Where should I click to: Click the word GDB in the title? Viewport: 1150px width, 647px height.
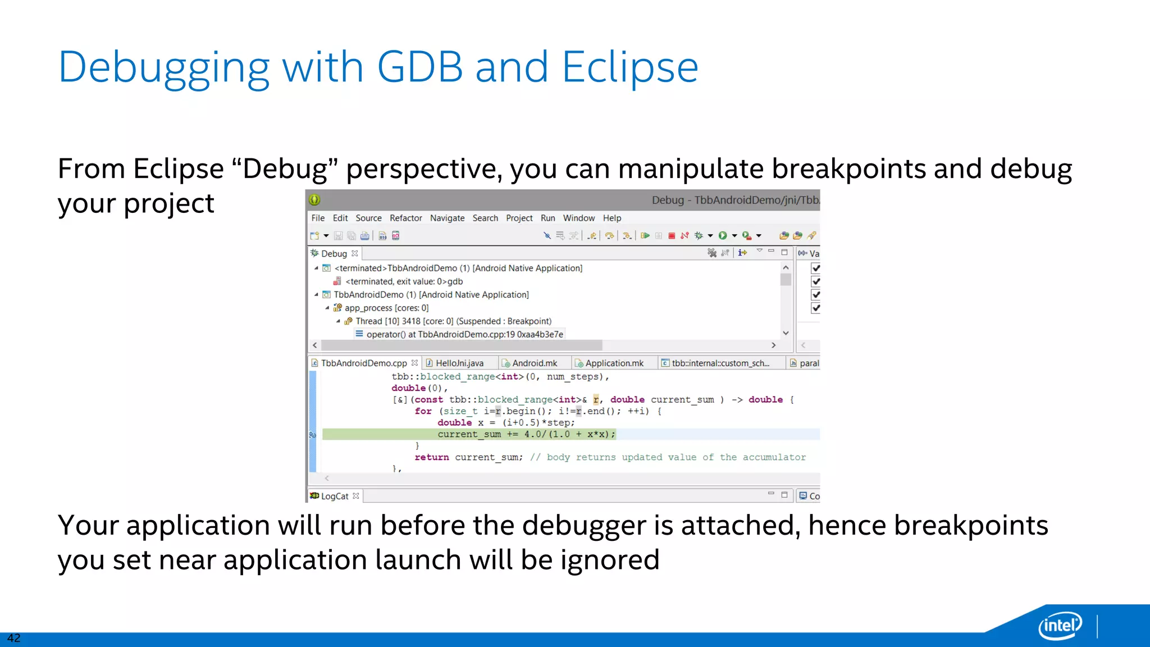pos(419,67)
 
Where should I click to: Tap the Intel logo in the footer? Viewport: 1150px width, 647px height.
pos(1060,625)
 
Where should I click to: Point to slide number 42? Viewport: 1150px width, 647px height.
pos(13,638)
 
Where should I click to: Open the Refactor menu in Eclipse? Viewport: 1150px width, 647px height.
pos(405,218)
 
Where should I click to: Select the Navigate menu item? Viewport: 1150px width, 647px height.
pos(447,218)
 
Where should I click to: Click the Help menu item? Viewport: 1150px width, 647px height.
pos(611,218)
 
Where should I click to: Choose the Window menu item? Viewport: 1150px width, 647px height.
pos(578,218)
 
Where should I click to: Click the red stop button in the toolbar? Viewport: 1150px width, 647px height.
pos(672,236)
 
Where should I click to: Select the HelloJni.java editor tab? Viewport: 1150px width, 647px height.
pos(459,363)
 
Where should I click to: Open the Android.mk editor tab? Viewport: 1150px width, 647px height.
pos(534,363)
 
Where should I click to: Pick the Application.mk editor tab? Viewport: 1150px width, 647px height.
pos(614,363)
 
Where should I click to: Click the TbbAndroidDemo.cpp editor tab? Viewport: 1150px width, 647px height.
pos(363,363)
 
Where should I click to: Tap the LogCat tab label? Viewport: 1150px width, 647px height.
pos(335,496)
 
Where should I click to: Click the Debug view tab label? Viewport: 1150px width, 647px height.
pos(334,254)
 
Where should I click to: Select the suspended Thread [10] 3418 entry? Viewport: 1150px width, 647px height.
pos(453,321)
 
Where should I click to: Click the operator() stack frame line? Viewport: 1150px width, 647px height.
pos(464,335)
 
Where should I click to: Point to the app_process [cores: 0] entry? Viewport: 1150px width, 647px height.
pos(386,308)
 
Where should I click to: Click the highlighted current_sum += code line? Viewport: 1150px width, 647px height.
pos(526,434)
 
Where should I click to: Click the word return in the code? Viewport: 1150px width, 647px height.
pos(431,458)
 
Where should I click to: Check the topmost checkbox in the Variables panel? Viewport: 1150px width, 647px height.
pos(816,268)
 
